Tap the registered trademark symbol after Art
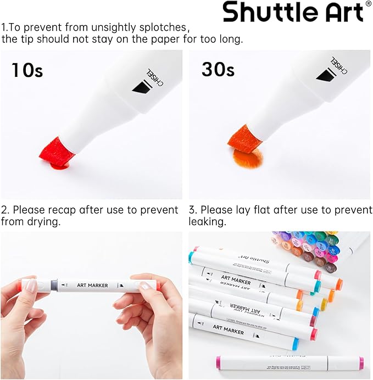point(368,4)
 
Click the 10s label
point(27,70)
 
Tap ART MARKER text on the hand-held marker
point(92,286)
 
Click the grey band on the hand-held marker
point(54,286)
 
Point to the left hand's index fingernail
point(31,285)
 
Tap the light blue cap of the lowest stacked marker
point(294,344)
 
